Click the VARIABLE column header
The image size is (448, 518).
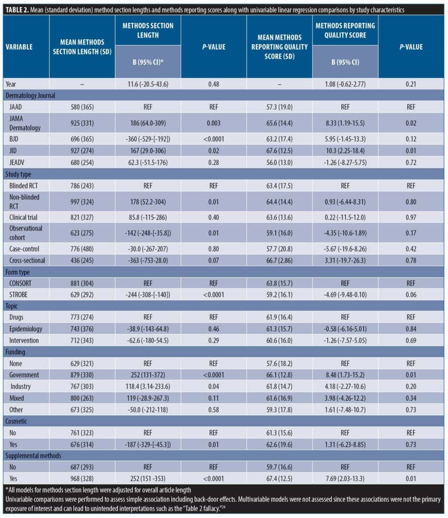coord(19,47)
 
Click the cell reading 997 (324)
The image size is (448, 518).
coord(82,201)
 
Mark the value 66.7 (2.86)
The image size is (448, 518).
coord(279,260)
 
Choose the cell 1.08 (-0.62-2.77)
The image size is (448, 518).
coord(345,84)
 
